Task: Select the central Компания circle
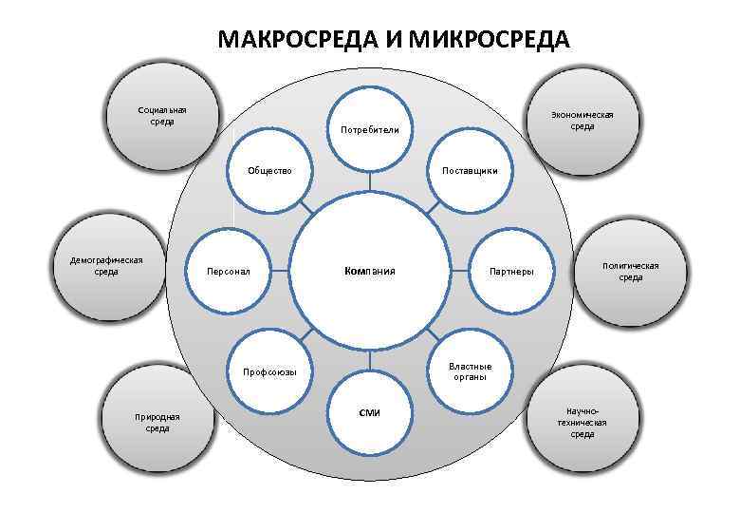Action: pos(370,271)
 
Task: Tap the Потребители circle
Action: pos(370,128)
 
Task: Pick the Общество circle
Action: pos(270,172)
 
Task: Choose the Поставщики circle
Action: pos(470,172)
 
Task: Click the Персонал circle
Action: pos(231,271)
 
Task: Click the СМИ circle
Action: pos(370,414)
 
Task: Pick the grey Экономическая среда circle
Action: pos(582,120)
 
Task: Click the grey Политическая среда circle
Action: pos(630,273)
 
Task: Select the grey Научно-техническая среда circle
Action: pos(582,420)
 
